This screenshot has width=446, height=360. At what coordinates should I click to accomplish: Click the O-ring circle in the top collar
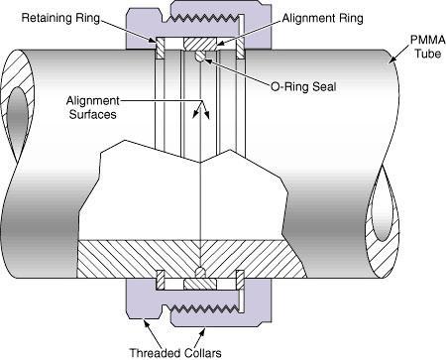coord(200,58)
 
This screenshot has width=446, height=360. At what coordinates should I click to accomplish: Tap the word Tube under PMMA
coord(419,54)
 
